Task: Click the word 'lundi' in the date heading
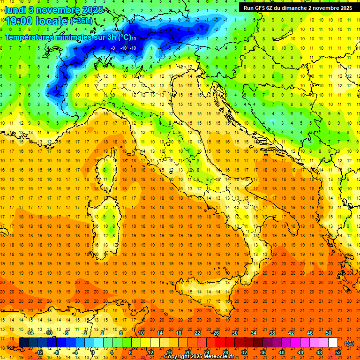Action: [x=15, y=9]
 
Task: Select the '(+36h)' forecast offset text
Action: [x=81, y=21]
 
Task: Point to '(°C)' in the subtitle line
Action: [x=124, y=37]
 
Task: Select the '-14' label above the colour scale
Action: [x=30, y=333]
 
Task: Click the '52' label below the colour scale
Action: [x=338, y=352]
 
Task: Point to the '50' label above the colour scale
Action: [x=329, y=333]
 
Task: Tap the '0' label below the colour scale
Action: [x=93, y=352]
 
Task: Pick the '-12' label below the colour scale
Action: [x=39, y=352]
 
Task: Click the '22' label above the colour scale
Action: [x=197, y=333]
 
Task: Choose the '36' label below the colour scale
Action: [x=263, y=352]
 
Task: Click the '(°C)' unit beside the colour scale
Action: [x=349, y=343]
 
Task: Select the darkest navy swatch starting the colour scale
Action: [x=24, y=343]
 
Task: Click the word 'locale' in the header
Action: [x=52, y=21]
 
